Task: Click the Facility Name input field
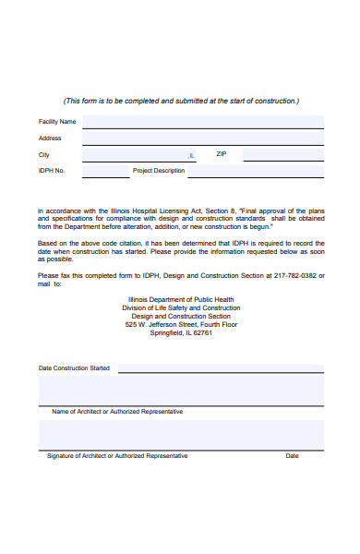point(203,122)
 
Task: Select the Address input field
point(203,138)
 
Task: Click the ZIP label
point(221,154)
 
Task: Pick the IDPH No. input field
point(105,171)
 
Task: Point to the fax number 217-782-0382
point(294,275)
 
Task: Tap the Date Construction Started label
point(74,368)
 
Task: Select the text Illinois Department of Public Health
point(181,300)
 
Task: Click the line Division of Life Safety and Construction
point(181,308)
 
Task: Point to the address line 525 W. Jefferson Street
point(181,325)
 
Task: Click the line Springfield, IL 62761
point(181,333)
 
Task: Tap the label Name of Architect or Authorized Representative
point(117,411)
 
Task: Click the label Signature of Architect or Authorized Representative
point(117,455)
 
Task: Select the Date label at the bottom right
point(292,455)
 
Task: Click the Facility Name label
point(57,122)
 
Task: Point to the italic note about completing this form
point(181,101)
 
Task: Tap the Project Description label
point(159,171)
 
